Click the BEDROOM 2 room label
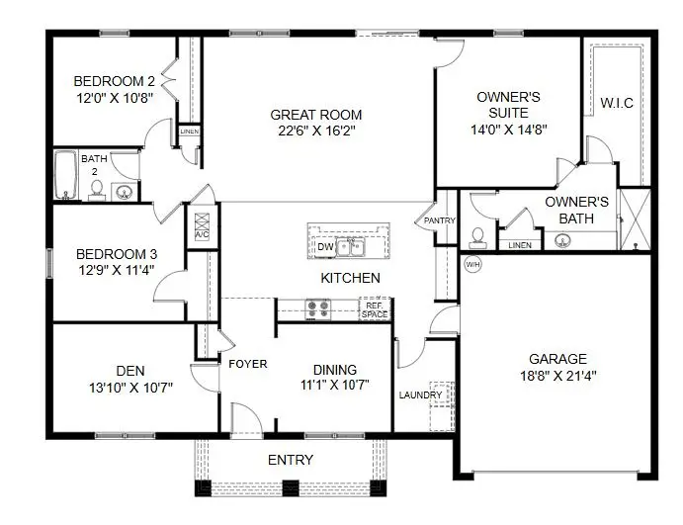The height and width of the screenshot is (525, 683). pyautogui.click(x=114, y=81)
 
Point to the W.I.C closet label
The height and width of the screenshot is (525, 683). pyautogui.click(x=617, y=103)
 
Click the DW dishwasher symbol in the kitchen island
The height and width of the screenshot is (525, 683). pyautogui.click(x=325, y=247)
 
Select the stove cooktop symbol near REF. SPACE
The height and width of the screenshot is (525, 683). pyautogui.click(x=318, y=307)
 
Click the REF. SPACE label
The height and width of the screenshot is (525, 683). pyautogui.click(x=375, y=309)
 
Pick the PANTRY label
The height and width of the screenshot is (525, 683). pyautogui.click(x=438, y=220)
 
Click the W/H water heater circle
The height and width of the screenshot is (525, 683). pyautogui.click(x=472, y=264)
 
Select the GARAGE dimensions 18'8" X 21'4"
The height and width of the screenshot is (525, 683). pyautogui.click(x=556, y=376)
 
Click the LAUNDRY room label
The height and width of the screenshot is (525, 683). pyautogui.click(x=420, y=395)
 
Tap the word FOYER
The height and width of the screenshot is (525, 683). pyautogui.click(x=247, y=364)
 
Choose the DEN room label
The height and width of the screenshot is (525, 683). pyautogui.click(x=130, y=371)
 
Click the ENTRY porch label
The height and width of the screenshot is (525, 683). pyautogui.click(x=291, y=460)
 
